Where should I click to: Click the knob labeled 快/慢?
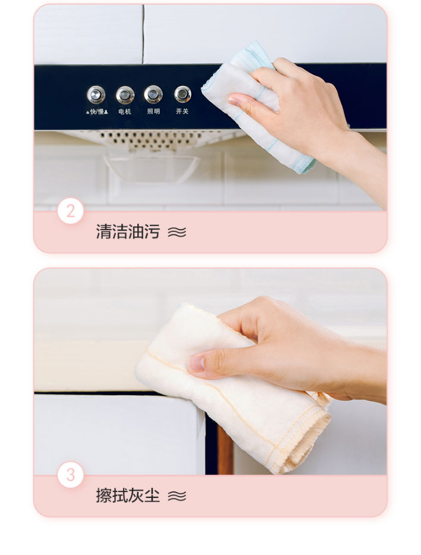pos(96,95)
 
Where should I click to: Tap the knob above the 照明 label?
pos(153,94)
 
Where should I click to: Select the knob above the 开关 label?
pos(183,94)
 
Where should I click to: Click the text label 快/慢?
pos(97,111)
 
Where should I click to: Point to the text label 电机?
pos(124,111)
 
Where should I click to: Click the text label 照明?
pos(153,111)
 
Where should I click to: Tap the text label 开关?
pos(182,111)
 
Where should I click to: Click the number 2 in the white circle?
pos(71,211)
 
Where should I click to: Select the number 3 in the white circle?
pos(71,475)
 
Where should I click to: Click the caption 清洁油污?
pos(128,231)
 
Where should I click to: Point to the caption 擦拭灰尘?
pos(128,495)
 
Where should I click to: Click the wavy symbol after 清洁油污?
pos(177,232)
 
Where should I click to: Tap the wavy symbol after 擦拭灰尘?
pos(177,496)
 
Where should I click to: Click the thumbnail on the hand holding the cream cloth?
pos(196,363)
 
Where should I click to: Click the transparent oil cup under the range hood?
pos(152,168)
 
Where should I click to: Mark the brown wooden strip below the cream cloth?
pos(225,450)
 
